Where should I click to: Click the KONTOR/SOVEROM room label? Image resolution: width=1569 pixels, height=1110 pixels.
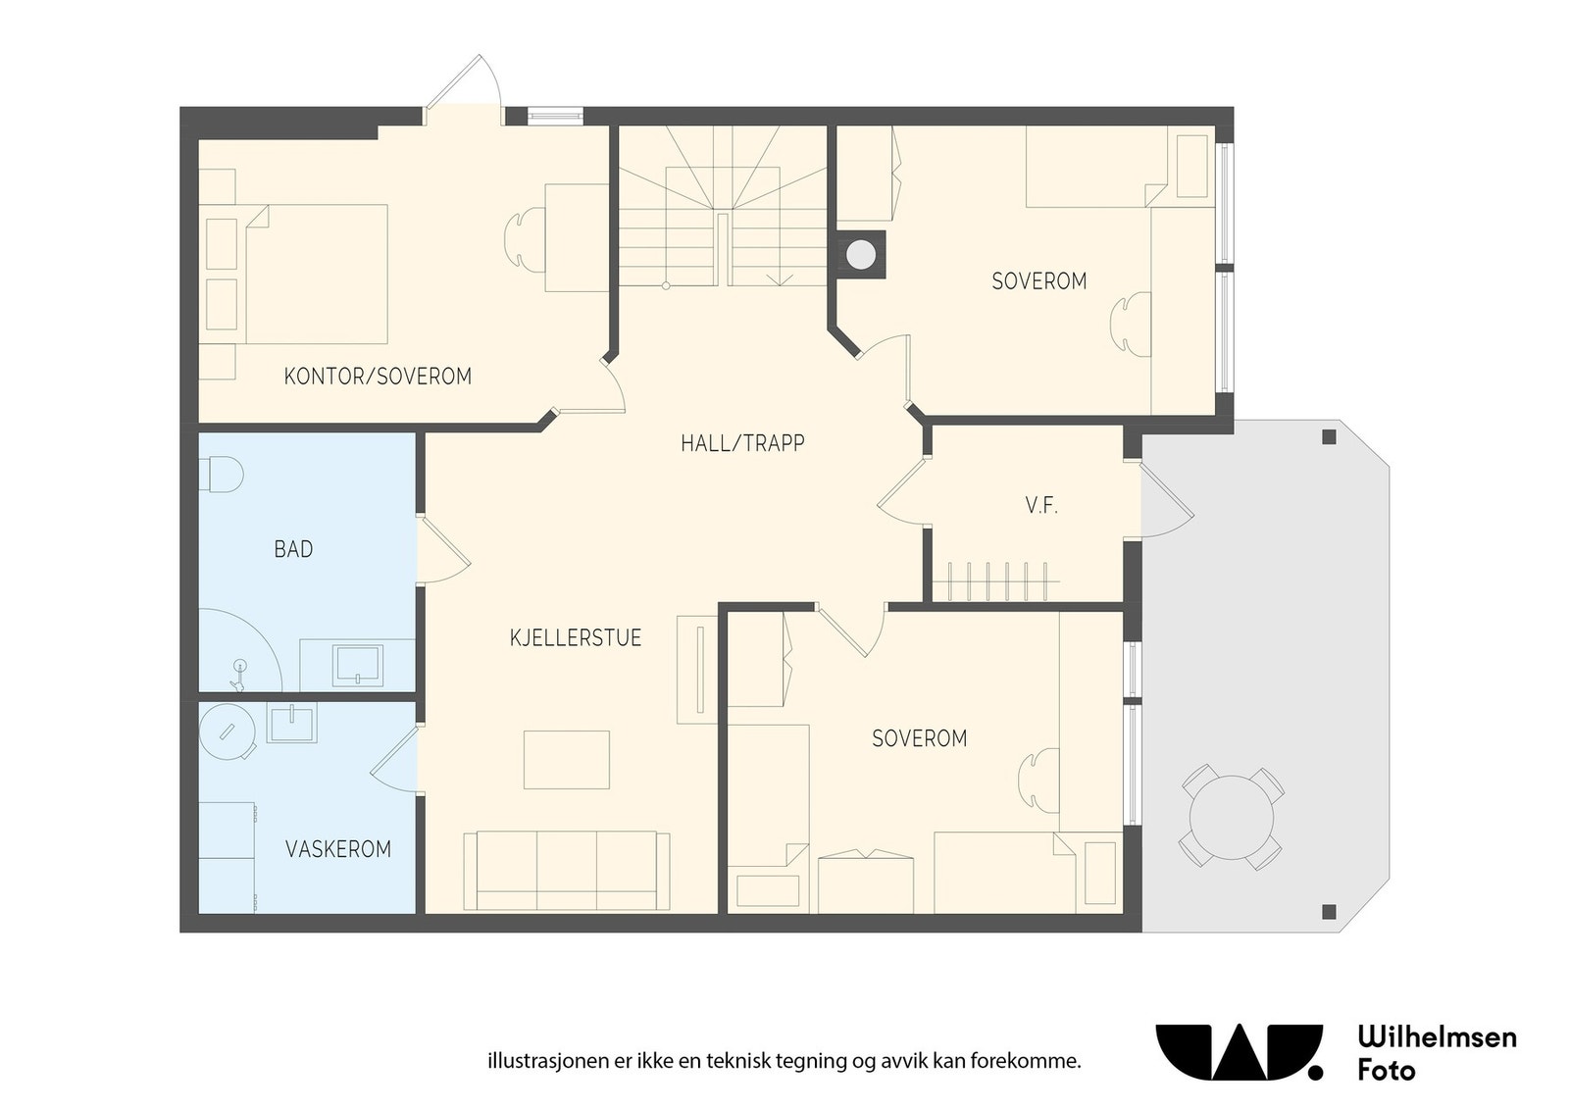pyautogui.click(x=378, y=377)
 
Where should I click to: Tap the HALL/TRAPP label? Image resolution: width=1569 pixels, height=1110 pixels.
pyautogui.click(x=742, y=443)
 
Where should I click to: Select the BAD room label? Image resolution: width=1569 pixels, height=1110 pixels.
pyautogui.click(x=293, y=550)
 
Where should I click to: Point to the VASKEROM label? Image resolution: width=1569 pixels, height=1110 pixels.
pyautogui.click(x=338, y=849)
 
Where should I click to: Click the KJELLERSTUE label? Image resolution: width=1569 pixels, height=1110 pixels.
pyautogui.click(x=576, y=638)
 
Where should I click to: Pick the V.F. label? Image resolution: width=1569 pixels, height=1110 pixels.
pyautogui.click(x=1041, y=506)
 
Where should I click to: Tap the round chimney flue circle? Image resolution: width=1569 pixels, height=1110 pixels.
pyautogui.click(x=860, y=254)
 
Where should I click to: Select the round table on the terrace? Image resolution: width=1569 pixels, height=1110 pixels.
pyautogui.click(x=1232, y=818)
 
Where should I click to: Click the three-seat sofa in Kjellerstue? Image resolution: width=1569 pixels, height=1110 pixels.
pyautogui.click(x=566, y=871)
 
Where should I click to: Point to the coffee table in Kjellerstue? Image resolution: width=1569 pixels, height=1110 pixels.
pyautogui.click(x=567, y=760)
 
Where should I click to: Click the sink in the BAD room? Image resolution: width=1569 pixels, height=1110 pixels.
pyautogui.click(x=359, y=665)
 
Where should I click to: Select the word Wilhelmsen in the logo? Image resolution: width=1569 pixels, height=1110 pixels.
pyautogui.click(x=1438, y=1038)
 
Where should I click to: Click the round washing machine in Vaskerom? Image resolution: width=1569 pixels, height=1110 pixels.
pyautogui.click(x=228, y=732)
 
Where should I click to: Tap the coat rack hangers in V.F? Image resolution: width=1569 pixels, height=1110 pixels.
pyautogui.click(x=995, y=581)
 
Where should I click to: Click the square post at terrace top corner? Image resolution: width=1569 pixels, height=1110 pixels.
pyautogui.click(x=1329, y=437)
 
